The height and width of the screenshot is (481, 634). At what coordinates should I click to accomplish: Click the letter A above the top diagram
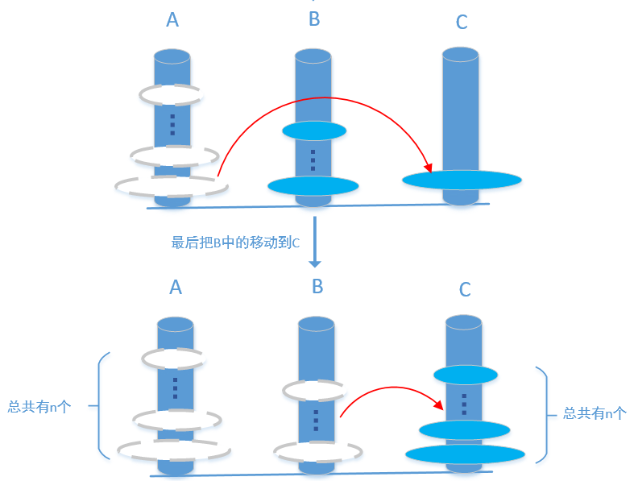172,20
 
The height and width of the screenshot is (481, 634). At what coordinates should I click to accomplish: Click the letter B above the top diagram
314,19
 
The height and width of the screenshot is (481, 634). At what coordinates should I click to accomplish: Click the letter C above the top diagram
462,23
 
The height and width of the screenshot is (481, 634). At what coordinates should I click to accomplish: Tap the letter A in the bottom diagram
176,287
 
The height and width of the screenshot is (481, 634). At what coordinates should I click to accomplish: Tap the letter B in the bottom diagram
317,286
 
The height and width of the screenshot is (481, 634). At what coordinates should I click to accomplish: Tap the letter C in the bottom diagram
465,290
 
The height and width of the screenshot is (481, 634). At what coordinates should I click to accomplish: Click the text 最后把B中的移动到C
235,243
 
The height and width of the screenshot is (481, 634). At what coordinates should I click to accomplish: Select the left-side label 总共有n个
39,408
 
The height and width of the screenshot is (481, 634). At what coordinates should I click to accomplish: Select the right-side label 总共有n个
594,413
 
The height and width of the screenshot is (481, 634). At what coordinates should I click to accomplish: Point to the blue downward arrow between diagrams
316,242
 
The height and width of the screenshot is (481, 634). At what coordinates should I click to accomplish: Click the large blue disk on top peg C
461,180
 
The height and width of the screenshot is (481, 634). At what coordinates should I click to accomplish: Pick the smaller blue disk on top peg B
313,131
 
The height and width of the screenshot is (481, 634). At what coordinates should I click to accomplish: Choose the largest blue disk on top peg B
313,186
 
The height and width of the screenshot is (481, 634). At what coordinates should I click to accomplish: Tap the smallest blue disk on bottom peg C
465,375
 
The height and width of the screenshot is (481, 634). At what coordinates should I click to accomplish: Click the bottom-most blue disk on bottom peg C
465,454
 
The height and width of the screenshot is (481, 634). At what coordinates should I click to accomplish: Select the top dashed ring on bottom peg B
315,391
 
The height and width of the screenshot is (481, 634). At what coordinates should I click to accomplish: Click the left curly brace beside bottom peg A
101,407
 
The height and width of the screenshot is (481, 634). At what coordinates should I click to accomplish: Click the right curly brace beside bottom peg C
542,413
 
